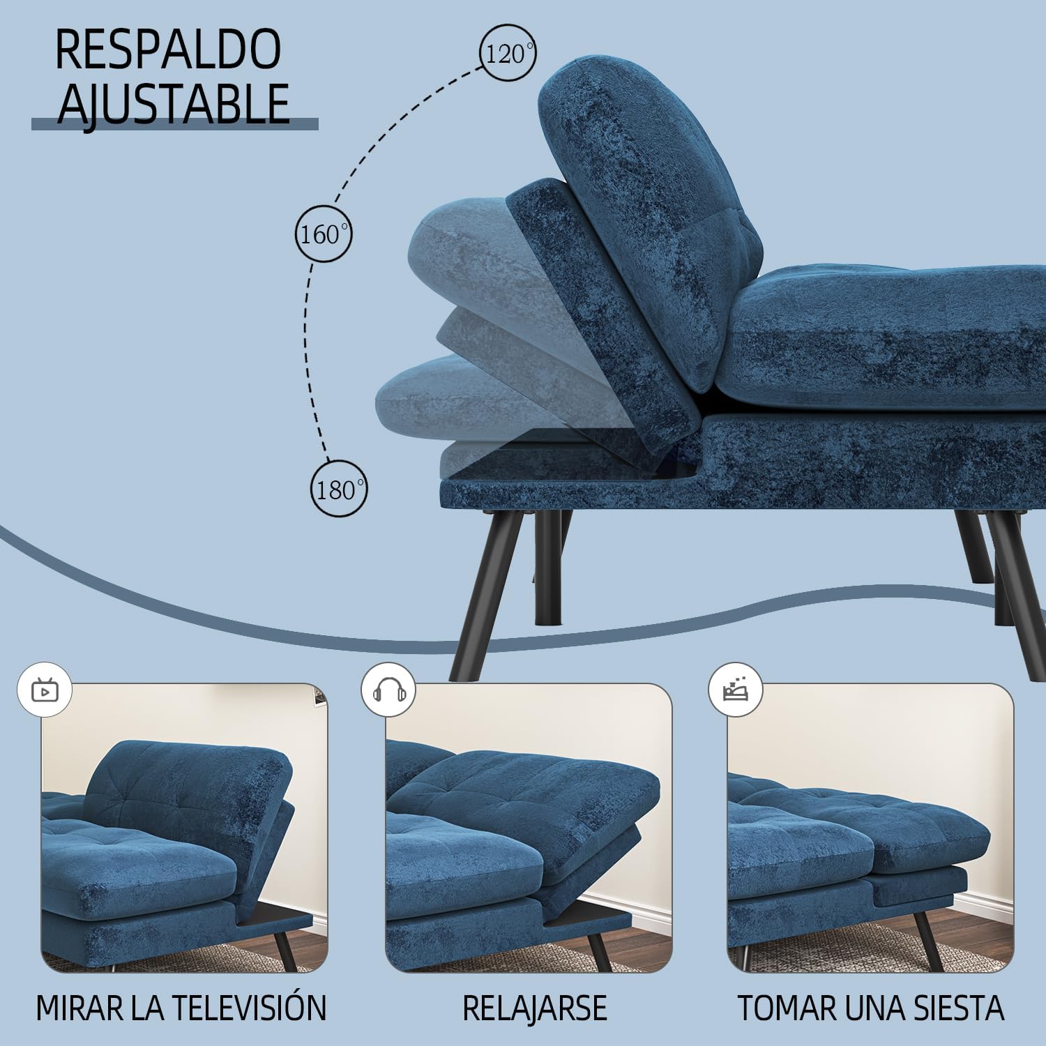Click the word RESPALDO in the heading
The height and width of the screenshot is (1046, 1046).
click(167, 50)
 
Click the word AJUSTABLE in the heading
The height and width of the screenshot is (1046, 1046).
click(173, 103)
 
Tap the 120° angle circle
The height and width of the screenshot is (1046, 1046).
click(508, 53)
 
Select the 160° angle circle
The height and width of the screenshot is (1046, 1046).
click(323, 234)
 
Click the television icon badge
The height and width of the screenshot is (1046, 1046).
click(45, 690)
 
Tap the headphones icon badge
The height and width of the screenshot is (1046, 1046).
click(388, 690)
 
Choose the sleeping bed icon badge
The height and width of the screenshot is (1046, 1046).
click(735, 690)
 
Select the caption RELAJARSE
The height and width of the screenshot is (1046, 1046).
click(534, 1008)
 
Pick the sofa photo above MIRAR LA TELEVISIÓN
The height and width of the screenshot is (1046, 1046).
click(184, 828)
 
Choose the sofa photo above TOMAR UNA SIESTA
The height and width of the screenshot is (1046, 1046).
click(870, 828)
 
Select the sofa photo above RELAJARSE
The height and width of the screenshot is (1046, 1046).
click(529, 828)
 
